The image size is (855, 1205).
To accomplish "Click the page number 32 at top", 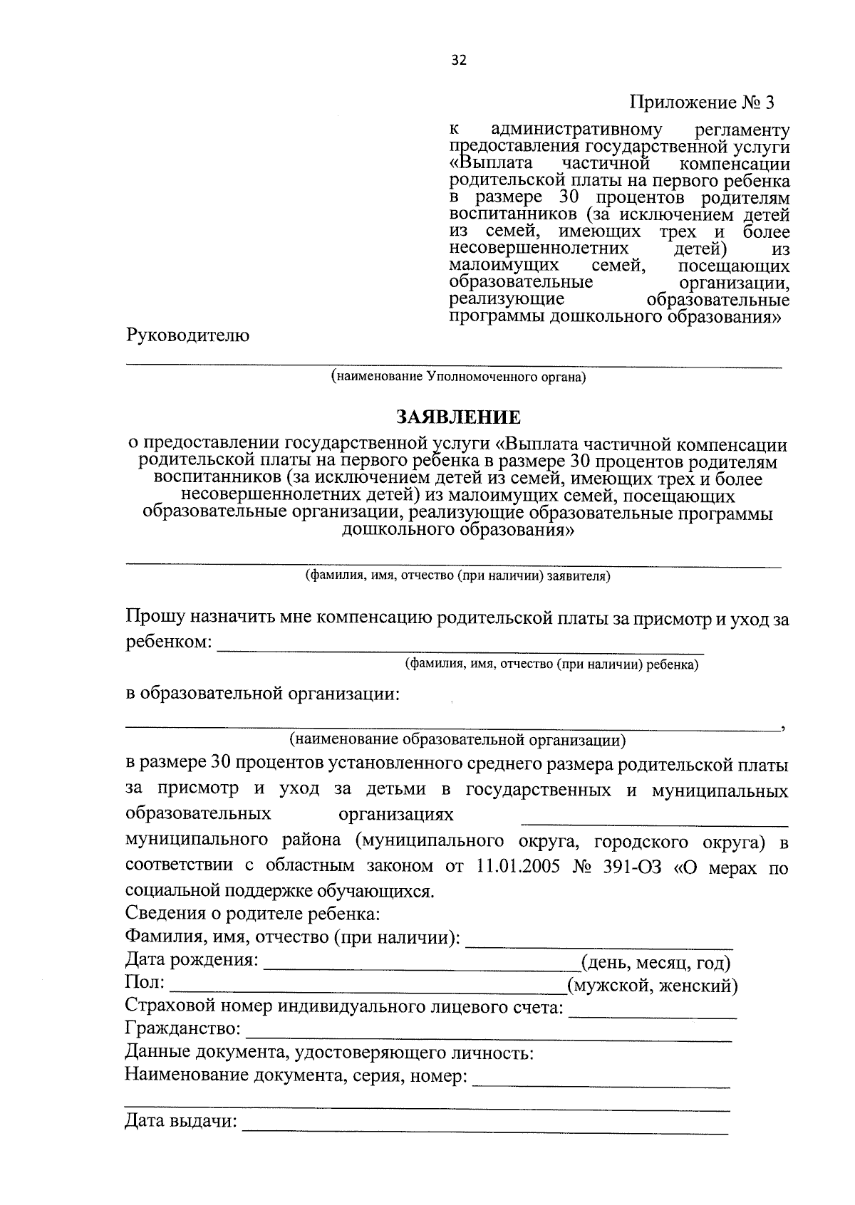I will (x=459, y=61).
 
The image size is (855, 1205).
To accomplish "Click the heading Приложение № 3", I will (x=701, y=103).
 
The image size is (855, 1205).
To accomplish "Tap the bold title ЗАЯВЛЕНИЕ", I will (x=458, y=416).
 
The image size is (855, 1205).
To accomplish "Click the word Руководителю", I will (x=187, y=335).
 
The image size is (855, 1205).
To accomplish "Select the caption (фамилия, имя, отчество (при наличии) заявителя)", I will (x=457, y=575).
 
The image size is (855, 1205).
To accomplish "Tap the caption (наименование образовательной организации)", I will (x=457, y=740).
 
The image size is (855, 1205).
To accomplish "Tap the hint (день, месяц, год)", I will (x=656, y=963).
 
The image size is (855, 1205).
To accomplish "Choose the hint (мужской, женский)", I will (x=652, y=986).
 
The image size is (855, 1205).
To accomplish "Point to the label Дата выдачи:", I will (x=181, y=1122).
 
